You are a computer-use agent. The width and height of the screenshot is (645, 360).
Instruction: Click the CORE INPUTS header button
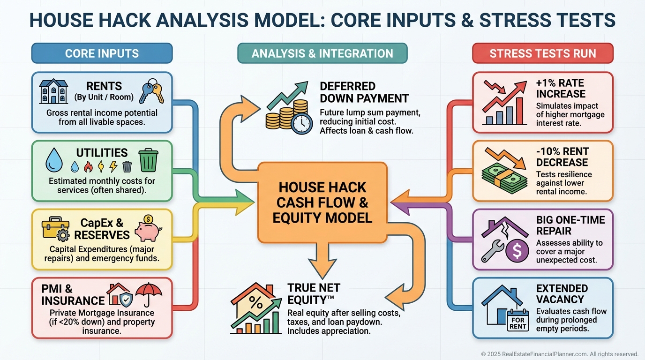pyautogui.click(x=102, y=53)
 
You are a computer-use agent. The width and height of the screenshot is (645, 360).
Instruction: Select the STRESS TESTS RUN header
pyautogui.click(x=542, y=53)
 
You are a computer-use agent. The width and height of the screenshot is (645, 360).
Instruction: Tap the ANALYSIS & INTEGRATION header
pyautogui.click(x=322, y=53)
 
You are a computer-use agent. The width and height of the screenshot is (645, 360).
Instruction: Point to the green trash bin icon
pyautogui.click(x=149, y=160)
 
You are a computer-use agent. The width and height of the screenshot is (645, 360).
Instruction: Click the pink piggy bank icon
pyautogui.click(x=148, y=228)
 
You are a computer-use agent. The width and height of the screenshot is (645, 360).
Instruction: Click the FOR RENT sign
pyautogui.click(x=517, y=323)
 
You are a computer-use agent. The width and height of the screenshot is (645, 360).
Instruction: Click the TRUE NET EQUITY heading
pyautogui.click(x=314, y=294)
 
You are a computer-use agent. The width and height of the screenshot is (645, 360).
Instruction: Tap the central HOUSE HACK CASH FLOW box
pyautogui.click(x=322, y=202)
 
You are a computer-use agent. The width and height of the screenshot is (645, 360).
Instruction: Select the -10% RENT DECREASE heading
pyautogui.click(x=562, y=157)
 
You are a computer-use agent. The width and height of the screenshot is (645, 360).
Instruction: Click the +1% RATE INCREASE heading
pyautogui.click(x=561, y=88)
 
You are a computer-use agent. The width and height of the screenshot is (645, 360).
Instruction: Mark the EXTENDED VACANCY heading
pyautogui.click(x=562, y=294)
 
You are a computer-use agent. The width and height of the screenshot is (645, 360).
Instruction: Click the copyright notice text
pyautogui.click(x=560, y=354)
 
